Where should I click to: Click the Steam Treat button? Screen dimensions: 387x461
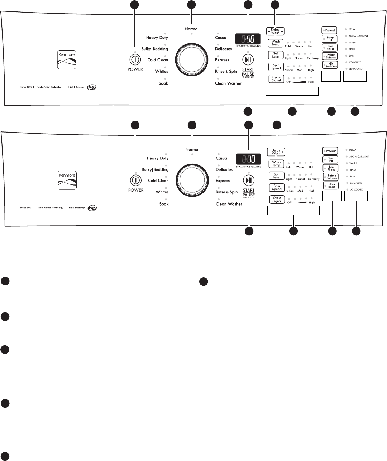coord(330,65)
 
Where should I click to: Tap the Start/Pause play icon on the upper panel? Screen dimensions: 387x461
coord(248,59)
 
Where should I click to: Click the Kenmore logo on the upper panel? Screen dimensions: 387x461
coord(67,60)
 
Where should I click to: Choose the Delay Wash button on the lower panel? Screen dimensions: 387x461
coord(276,152)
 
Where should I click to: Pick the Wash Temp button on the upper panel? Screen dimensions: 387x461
coord(276,43)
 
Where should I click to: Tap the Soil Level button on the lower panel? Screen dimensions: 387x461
coord(277,176)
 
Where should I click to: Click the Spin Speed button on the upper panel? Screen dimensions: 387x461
coord(276,67)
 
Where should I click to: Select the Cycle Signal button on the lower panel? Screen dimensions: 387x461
coord(277,200)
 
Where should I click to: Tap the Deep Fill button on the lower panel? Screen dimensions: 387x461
coord(331,159)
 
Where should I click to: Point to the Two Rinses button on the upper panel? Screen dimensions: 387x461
coord(330,48)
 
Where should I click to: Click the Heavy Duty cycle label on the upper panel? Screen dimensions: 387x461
coord(157,38)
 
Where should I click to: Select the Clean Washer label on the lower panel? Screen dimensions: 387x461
coord(229,204)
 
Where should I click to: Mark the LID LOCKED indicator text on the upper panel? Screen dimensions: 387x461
coord(355,69)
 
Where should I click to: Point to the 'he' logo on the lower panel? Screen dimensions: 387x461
coord(92,208)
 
